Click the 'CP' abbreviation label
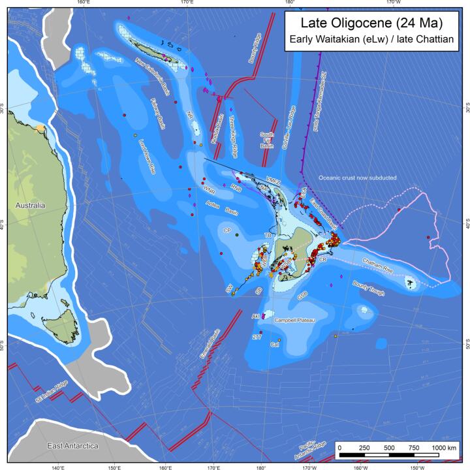227,231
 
